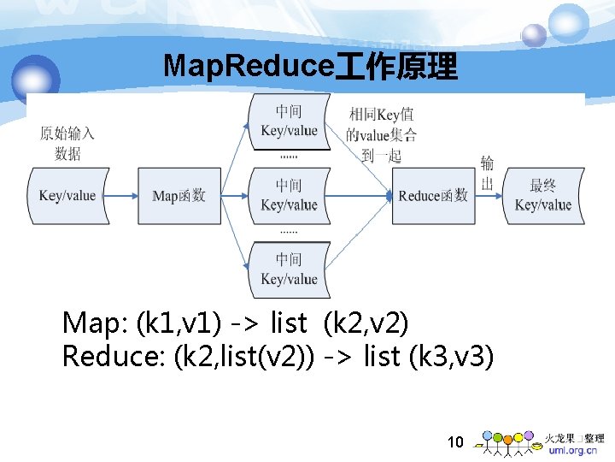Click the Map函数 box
click(x=179, y=196)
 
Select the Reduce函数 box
click(x=433, y=196)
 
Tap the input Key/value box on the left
click(x=68, y=196)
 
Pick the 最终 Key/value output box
click(x=543, y=196)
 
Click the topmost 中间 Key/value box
click(x=289, y=121)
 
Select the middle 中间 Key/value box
click(x=289, y=196)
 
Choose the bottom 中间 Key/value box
click(x=289, y=269)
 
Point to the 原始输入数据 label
click(x=67, y=144)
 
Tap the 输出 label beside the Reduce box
click(x=487, y=174)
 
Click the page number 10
click(x=455, y=442)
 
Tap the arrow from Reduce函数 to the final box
click(x=489, y=196)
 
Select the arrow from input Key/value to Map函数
click(x=123, y=196)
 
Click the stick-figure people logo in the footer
click(x=507, y=442)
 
